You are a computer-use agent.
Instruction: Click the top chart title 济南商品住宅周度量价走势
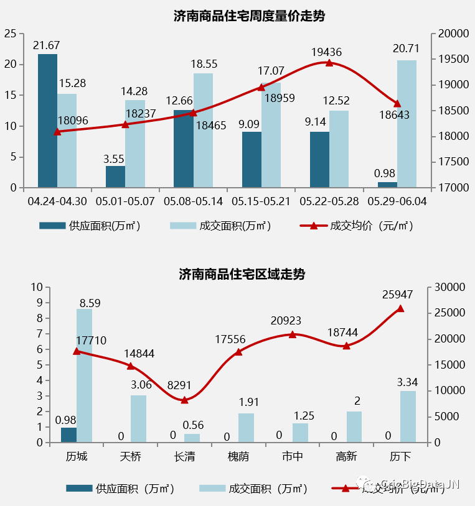(x=249, y=16)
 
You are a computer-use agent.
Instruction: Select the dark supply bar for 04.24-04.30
(x=47, y=121)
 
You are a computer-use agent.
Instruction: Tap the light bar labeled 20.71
(x=407, y=124)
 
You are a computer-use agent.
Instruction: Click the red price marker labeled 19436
(x=329, y=63)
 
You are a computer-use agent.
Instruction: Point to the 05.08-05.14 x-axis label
(x=193, y=202)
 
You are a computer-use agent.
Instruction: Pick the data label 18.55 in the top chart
(x=204, y=64)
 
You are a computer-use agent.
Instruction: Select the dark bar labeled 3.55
(x=115, y=177)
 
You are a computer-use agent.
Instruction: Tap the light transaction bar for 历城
(x=84, y=375)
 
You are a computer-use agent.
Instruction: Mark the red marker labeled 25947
(x=400, y=308)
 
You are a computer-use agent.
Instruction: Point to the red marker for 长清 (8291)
(x=185, y=400)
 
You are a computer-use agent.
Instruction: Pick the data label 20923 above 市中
(x=286, y=321)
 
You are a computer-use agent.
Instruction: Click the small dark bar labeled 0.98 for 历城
(x=68, y=435)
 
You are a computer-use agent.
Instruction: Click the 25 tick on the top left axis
(x=11, y=34)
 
